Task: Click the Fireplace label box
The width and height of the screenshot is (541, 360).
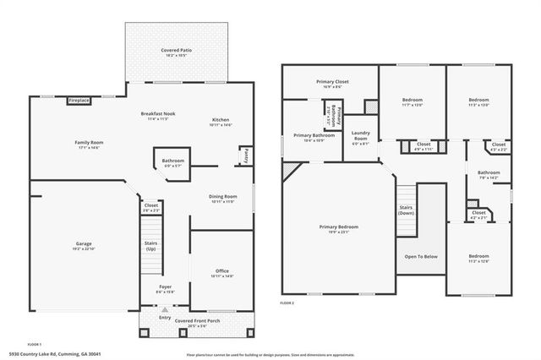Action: pyautogui.click(x=79, y=101)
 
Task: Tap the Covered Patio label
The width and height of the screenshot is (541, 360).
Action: pyautogui.click(x=176, y=51)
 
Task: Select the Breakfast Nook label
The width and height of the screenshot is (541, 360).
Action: pyautogui.click(x=158, y=112)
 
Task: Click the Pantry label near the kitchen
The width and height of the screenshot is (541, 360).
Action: pyautogui.click(x=245, y=156)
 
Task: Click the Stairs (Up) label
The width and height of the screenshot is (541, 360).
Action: pyautogui.click(x=150, y=246)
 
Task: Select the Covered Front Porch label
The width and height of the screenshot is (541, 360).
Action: pyautogui.click(x=196, y=322)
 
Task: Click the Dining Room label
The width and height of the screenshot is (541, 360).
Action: pyautogui.click(x=223, y=196)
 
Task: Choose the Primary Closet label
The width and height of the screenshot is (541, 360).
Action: pyautogui.click(x=332, y=82)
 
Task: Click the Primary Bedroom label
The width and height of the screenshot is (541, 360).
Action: pyautogui.click(x=338, y=226)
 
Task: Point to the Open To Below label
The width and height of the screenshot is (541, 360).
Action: pyautogui.click(x=420, y=256)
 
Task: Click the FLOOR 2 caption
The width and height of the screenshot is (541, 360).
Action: pyautogui.click(x=288, y=302)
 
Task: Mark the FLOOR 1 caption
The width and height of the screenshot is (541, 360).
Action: pyautogui.click(x=34, y=345)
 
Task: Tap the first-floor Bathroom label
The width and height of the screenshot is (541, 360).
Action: pyautogui.click(x=173, y=161)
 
